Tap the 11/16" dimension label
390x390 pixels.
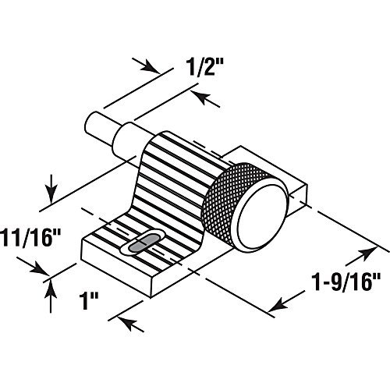click(x=30, y=237)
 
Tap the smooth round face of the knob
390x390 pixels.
click(x=262, y=216)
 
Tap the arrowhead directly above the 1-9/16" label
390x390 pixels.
click(x=367, y=253)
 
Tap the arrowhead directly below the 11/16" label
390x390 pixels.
click(x=39, y=268)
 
